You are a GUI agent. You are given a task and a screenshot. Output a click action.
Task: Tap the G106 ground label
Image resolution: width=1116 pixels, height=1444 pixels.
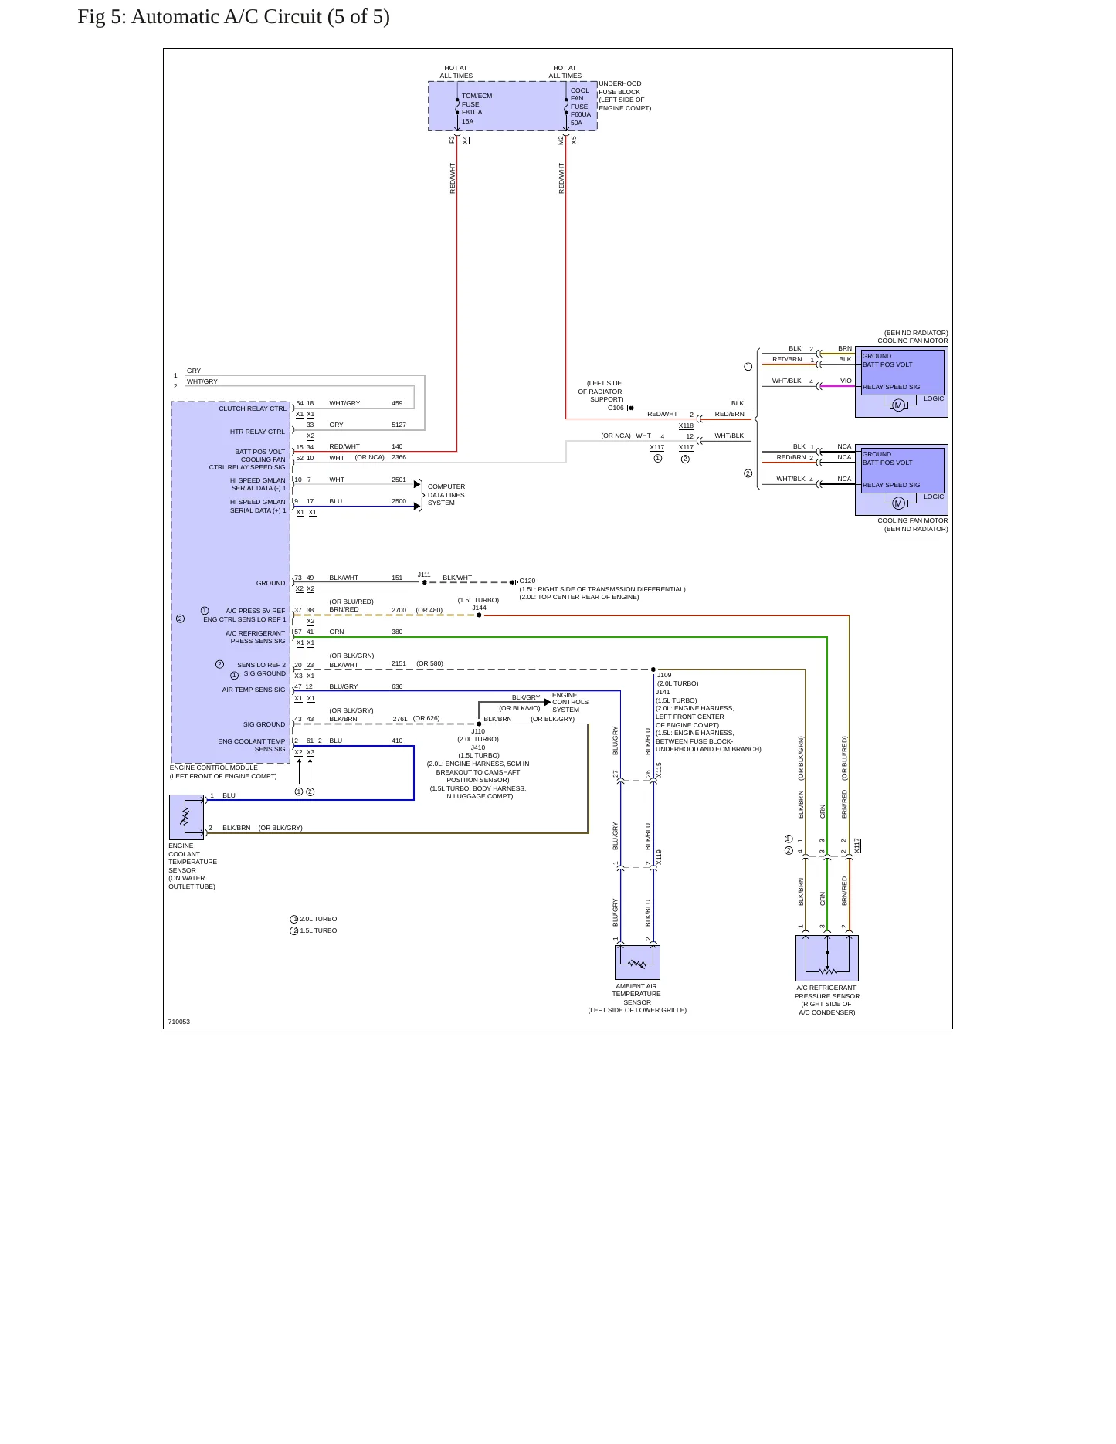pyautogui.click(x=616, y=408)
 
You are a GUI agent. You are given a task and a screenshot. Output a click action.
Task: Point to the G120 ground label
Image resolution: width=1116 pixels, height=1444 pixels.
pyautogui.click(x=527, y=581)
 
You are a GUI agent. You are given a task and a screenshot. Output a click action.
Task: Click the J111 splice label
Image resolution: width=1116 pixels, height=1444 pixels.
pyautogui.click(x=424, y=575)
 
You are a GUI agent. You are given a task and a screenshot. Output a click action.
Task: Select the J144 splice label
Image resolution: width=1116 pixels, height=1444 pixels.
pyautogui.click(x=480, y=608)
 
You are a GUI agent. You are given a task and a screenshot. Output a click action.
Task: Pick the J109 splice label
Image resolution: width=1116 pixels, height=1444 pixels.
pyautogui.click(x=664, y=675)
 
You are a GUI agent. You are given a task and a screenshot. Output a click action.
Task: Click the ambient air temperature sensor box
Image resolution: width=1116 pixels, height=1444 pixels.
pyautogui.click(x=637, y=962)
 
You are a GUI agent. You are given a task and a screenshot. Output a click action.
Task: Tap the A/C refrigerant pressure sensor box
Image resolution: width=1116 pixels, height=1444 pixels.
pyautogui.click(x=827, y=958)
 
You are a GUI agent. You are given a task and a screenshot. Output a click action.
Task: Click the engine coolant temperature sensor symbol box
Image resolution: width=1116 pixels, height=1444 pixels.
pyautogui.click(x=186, y=817)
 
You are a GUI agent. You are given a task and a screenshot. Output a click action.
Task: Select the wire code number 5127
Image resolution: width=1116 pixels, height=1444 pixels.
pyautogui.click(x=399, y=425)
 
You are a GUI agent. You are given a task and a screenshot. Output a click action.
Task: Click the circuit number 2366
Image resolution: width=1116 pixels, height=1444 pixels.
pyautogui.click(x=399, y=457)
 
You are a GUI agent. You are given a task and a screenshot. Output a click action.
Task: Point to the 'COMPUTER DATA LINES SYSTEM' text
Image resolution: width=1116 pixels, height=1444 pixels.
pyautogui.click(x=446, y=495)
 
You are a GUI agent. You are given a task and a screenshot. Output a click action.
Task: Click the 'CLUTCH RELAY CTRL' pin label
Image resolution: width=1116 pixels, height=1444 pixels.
pyautogui.click(x=253, y=408)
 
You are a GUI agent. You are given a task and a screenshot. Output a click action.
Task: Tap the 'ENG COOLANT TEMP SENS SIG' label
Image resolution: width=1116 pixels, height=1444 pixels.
pyautogui.click(x=252, y=745)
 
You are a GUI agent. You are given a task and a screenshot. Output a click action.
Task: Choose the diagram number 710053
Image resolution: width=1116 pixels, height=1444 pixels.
pyautogui.click(x=179, y=1022)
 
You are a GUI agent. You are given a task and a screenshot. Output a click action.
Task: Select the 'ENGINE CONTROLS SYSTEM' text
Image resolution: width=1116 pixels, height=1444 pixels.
pyautogui.click(x=570, y=702)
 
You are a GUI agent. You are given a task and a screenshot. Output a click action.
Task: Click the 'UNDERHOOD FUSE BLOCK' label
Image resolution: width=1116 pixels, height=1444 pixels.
pyautogui.click(x=620, y=88)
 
